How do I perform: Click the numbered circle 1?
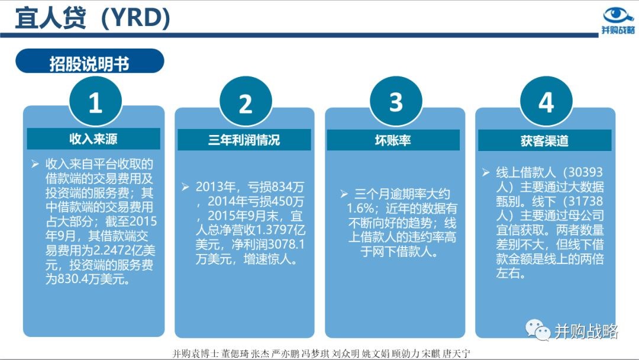(95, 102)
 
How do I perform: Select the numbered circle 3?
(396, 102)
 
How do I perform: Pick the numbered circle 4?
(546, 102)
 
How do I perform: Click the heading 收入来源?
(93, 139)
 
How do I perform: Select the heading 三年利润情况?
(244, 140)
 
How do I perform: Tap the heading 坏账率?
(393, 140)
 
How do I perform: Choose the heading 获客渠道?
(544, 141)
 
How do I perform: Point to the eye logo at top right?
(618, 15)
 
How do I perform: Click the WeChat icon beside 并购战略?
(538, 330)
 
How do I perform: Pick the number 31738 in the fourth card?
(585, 201)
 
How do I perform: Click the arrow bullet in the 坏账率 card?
(344, 194)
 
